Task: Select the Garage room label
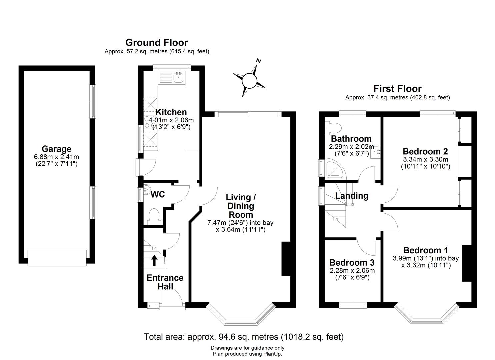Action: [x=56, y=149]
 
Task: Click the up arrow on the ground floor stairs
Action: [x=154, y=260]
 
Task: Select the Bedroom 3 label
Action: [x=352, y=262]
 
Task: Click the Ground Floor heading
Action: [x=156, y=43]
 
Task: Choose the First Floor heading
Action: [x=397, y=89]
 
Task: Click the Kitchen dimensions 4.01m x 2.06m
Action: [x=171, y=120]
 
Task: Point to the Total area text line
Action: [x=243, y=337]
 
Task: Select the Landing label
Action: [x=352, y=196]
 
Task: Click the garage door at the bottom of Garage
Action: [x=57, y=258]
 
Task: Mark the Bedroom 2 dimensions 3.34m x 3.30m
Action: [x=425, y=159]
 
